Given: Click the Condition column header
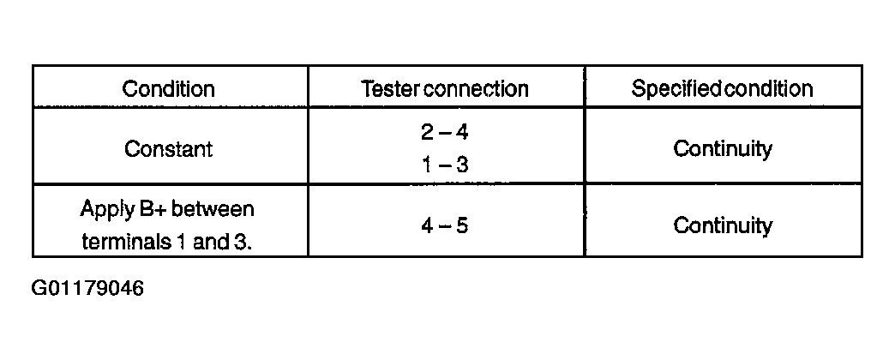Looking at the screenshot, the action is click(168, 88).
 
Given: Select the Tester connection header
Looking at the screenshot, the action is click(445, 88).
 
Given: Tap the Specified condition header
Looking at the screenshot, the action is click(722, 88).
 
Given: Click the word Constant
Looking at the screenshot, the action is click(168, 149).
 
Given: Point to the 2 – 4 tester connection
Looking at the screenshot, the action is click(445, 132).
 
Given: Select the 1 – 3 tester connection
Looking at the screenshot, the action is click(445, 165).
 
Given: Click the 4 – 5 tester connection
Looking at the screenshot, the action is click(445, 226).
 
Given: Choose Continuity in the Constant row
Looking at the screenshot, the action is click(723, 149).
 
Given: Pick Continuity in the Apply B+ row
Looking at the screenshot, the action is click(723, 226).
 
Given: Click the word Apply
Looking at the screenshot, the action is click(105, 210).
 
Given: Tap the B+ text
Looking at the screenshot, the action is click(151, 209).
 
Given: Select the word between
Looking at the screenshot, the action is click(213, 209).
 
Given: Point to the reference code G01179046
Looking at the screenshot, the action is click(87, 288).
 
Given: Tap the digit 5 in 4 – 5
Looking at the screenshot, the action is click(462, 226).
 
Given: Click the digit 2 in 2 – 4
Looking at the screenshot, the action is click(428, 132).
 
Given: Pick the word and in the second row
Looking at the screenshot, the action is click(209, 242).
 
